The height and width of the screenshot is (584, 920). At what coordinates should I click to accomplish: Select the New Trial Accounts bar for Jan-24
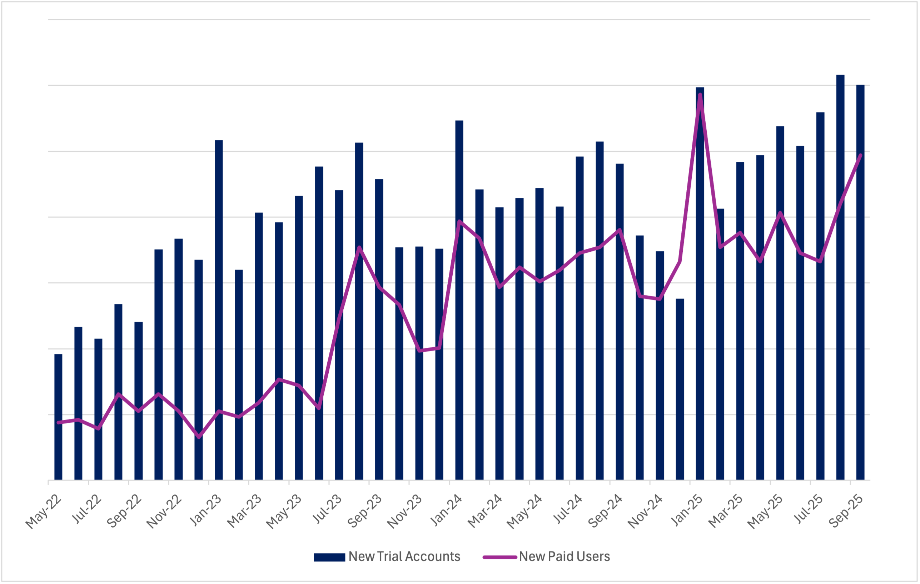pyautogui.click(x=459, y=300)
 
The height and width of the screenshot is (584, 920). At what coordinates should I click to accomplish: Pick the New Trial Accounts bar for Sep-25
pyautogui.click(x=860, y=282)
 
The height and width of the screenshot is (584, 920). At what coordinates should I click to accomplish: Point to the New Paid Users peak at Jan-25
pyautogui.click(x=700, y=94)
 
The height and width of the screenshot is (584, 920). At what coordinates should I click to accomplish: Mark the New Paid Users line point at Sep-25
pyautogui.click(x=860, y=155)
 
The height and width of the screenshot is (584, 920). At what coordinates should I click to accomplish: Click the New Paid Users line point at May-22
pyautogui.click(x=58, y=423)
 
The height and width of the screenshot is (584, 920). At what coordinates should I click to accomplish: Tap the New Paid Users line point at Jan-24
pyautogui.click(x=459, y=221)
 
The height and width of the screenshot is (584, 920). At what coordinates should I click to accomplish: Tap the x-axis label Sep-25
pyautogui.click(x=846, y=512)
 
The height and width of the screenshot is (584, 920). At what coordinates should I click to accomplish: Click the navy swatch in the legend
pyautogui.click(x=329, y=557)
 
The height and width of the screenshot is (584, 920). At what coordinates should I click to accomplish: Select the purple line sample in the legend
pyautogui.click(x=500, y=557)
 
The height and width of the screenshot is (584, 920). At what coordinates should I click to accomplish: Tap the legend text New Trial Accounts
pyautogui.click(x=404, y=557)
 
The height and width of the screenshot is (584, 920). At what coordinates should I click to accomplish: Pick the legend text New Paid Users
pyautogui.click(x=564, y=557)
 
